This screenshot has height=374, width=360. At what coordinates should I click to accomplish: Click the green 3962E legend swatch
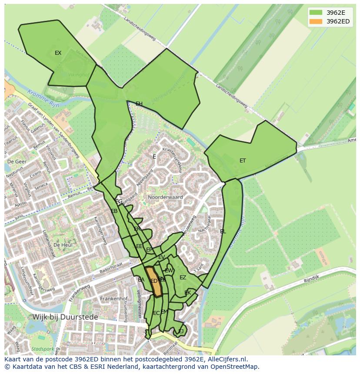coord(316,13)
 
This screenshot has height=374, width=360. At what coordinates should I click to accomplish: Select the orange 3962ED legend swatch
coord(316,21)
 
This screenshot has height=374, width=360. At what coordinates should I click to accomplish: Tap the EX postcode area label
coord(58,53)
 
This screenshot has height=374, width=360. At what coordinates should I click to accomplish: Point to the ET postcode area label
coord(243,161)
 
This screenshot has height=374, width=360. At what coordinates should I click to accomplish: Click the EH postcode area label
coord(139,104)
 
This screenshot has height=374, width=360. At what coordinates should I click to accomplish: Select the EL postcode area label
coord(223,232)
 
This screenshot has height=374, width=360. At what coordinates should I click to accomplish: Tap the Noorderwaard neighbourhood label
coord(165,197)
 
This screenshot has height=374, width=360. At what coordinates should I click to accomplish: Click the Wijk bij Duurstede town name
coord(66,317)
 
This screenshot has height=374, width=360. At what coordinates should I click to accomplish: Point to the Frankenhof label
coord(113,299)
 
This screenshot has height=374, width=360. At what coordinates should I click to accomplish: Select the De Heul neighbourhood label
coord(63,245)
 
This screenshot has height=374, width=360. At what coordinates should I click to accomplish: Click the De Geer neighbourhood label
coord(17,161)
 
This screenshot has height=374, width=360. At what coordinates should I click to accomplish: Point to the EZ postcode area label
coord(183,278)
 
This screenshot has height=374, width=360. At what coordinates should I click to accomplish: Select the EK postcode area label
coord(188,293)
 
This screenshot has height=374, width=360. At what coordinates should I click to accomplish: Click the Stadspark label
coord(42,349)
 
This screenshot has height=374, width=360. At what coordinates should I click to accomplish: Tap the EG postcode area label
coord(119,202)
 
